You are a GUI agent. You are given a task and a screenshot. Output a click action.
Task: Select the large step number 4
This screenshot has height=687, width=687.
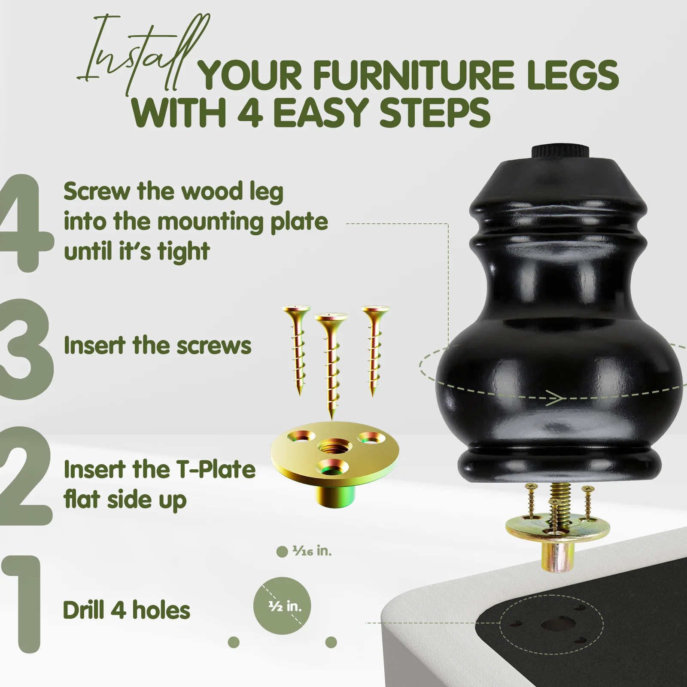click(x=24, y=223)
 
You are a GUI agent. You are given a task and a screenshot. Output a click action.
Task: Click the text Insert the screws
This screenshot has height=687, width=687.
click(x=157, y=346)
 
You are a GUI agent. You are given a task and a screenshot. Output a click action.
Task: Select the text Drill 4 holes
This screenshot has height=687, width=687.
click(x=126, y=610)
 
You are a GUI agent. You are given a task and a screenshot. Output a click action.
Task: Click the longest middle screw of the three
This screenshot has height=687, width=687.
click(x=331, y=365)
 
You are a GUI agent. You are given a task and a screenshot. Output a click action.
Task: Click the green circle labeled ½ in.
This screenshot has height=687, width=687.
click(x=282, y=606)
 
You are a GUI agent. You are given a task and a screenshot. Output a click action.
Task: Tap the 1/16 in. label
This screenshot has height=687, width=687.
click(x=312, y=551)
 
